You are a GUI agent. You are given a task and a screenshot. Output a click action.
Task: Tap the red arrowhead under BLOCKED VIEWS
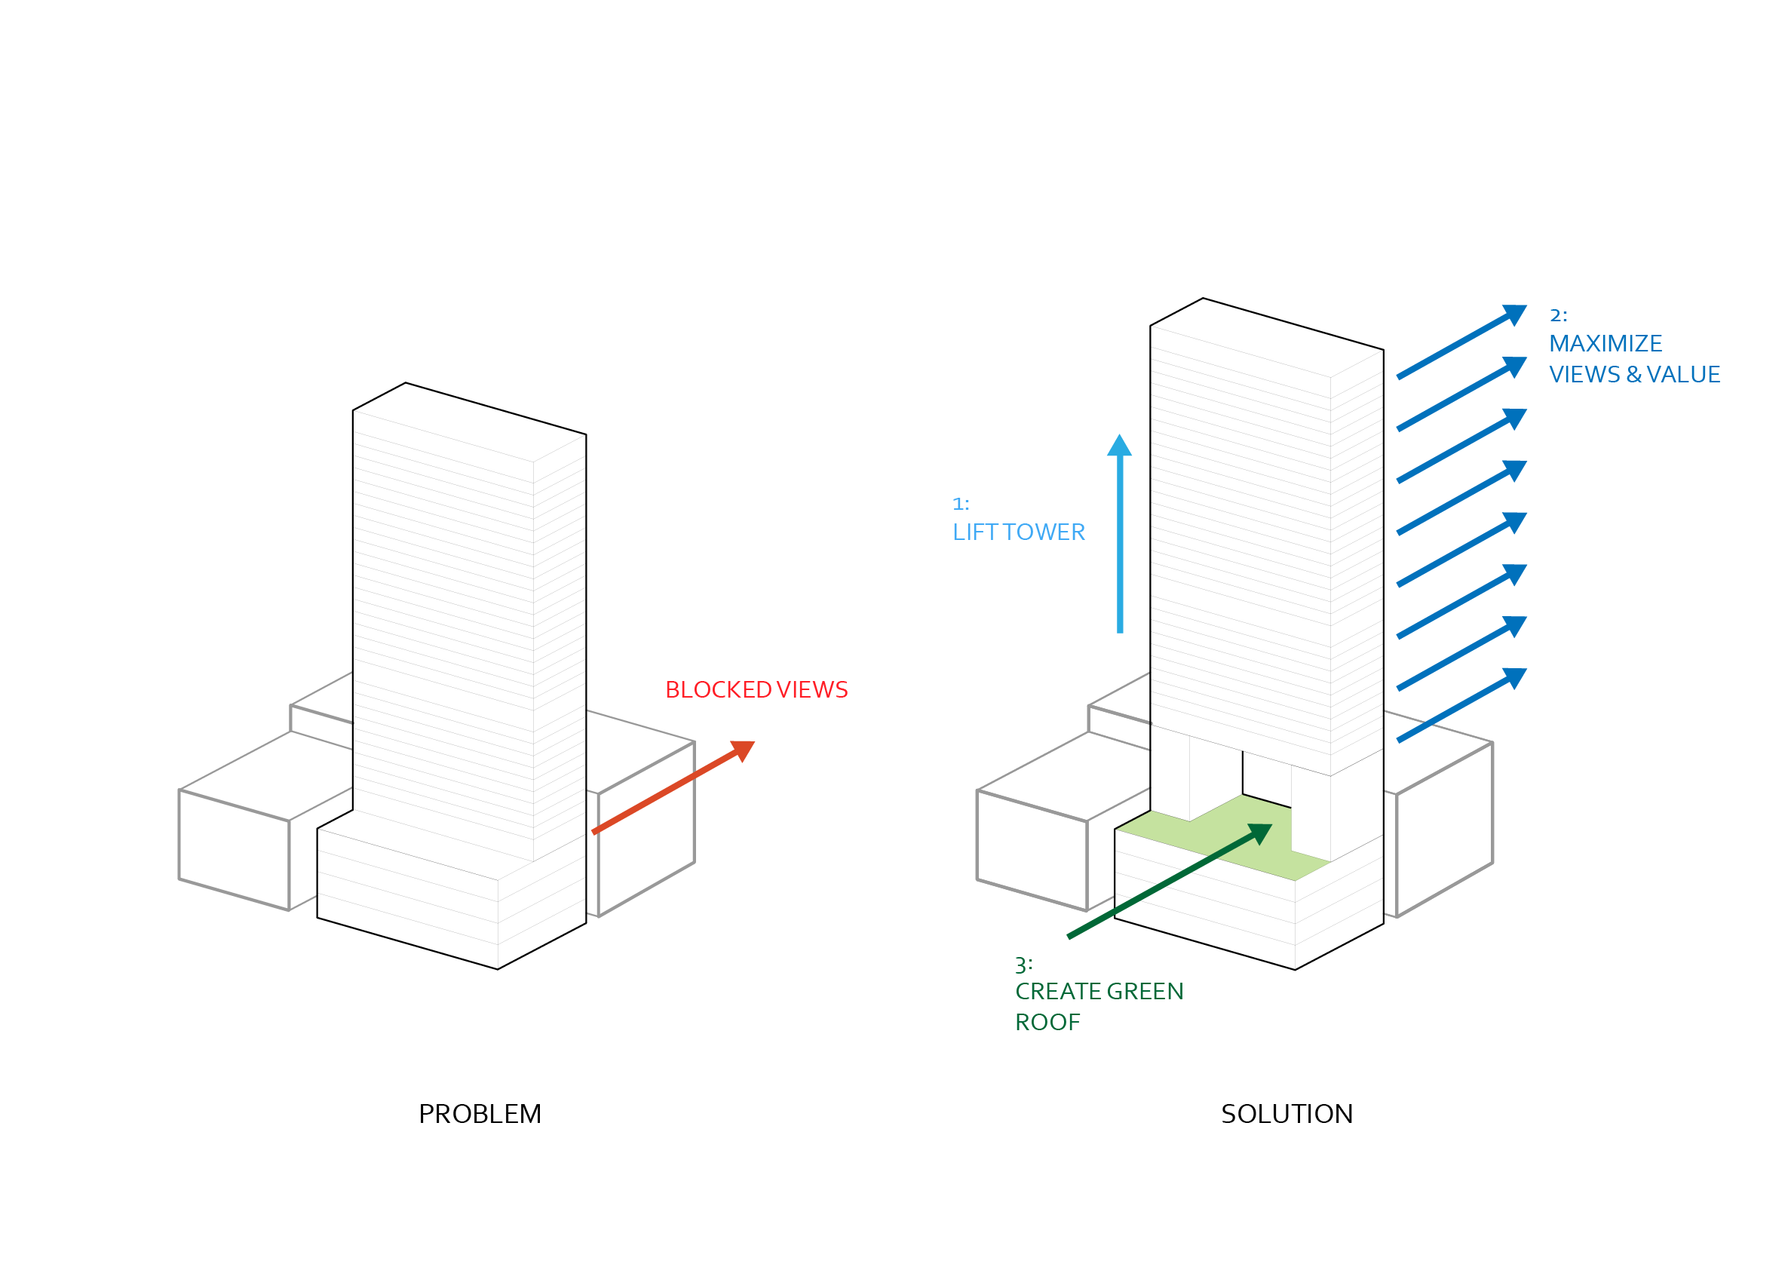point(743,750)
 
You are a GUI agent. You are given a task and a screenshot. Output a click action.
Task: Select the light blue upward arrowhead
point(1119,446)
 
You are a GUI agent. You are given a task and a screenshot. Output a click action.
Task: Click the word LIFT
point(974,532)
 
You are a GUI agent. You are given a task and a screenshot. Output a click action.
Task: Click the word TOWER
point(1044,532)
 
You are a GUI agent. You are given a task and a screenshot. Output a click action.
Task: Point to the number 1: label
point(960,504)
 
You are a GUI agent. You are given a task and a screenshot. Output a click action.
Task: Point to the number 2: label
point(1558,315)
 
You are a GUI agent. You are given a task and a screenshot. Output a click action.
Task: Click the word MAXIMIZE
point(1605,344)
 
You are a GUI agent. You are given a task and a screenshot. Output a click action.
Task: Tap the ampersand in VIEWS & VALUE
point(1633,375)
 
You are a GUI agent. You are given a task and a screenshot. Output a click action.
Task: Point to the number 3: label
point(1023,966)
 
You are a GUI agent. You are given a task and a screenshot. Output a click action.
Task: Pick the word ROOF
point(1047,1022)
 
